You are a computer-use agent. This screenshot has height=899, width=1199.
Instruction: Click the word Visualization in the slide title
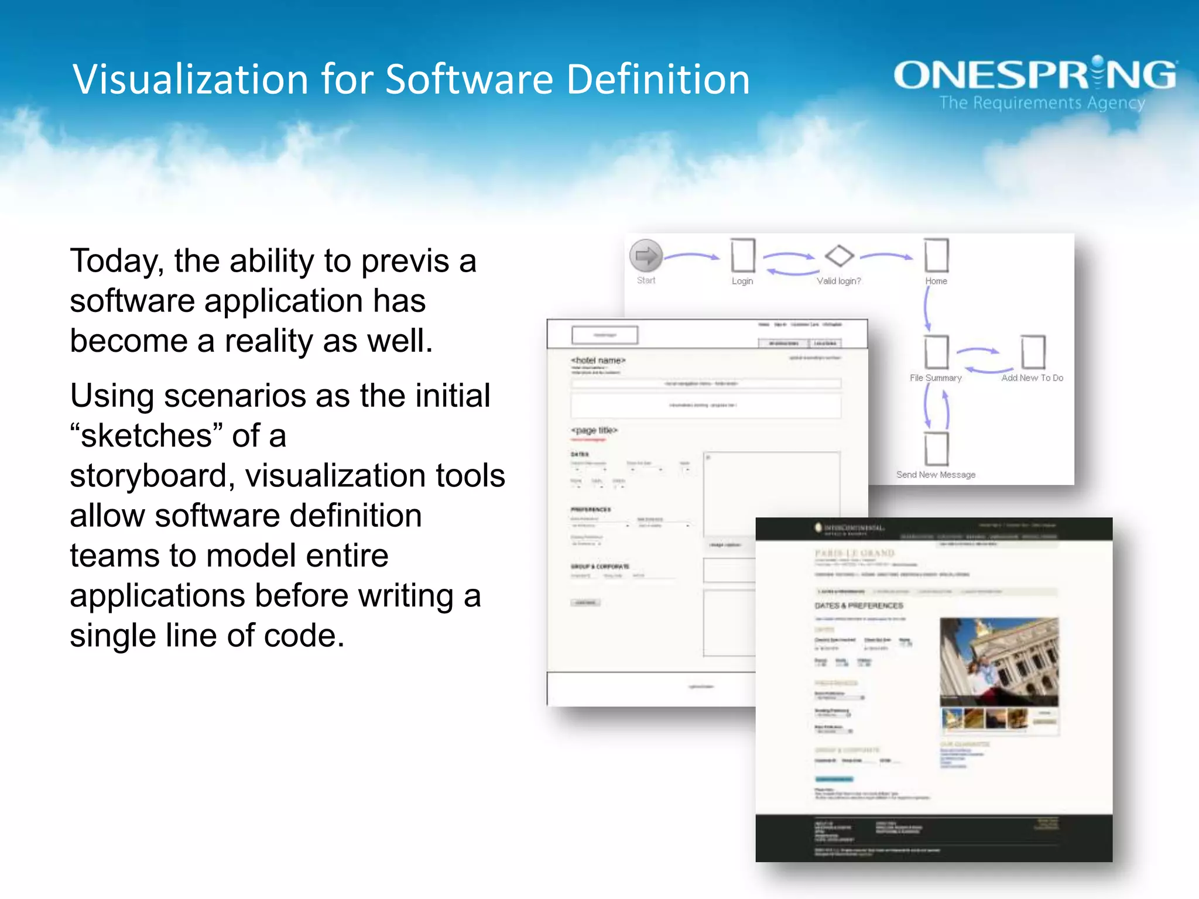190,80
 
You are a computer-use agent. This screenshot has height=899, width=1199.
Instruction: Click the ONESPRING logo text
1034,75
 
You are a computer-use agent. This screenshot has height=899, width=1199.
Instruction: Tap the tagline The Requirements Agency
1042,103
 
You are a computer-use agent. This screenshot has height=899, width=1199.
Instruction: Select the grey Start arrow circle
646,256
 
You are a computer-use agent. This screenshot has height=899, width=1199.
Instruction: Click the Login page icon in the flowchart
743,255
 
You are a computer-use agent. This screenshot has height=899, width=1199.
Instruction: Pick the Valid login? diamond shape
839,256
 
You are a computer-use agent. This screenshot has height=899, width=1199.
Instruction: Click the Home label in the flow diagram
936,281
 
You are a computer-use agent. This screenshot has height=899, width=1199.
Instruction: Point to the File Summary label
936,378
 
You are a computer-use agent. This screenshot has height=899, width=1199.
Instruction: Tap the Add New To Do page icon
1033,352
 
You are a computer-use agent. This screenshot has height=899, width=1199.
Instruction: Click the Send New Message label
936,475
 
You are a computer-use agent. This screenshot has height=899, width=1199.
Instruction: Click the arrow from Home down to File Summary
927,308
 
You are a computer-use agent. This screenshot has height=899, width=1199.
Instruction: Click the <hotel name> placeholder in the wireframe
598,361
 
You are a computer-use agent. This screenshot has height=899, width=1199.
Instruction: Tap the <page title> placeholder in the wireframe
594,430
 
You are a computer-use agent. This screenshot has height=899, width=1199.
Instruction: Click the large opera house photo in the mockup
999,661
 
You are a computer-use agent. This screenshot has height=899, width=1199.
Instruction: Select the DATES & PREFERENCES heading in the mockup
859,606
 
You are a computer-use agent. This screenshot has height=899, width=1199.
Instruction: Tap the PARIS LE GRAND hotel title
855,553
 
